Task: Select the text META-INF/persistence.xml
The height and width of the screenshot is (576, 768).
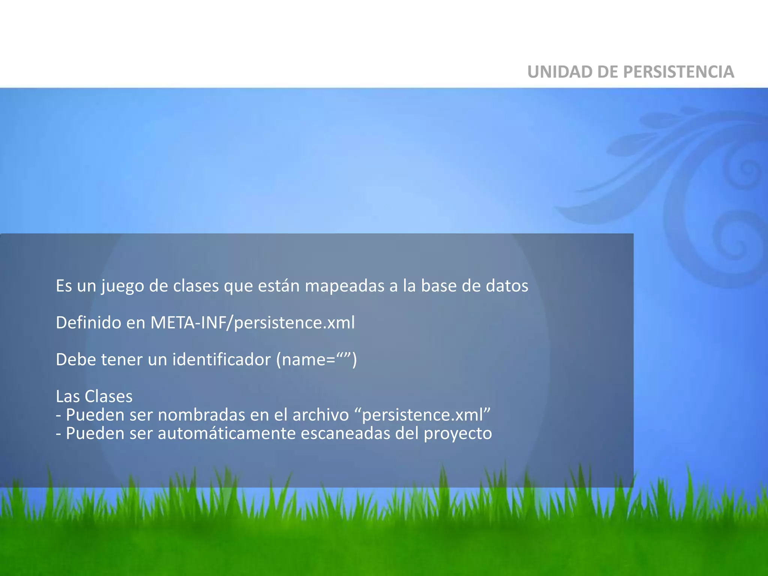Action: point(252,322)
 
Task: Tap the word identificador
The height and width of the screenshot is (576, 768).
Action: point(221,359)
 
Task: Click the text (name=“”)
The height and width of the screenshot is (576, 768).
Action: point(316,359)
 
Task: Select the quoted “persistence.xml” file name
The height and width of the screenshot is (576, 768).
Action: point(422,415)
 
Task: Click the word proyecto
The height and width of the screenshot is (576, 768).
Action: point(457,434)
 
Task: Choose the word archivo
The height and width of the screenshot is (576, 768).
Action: point(321,415)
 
